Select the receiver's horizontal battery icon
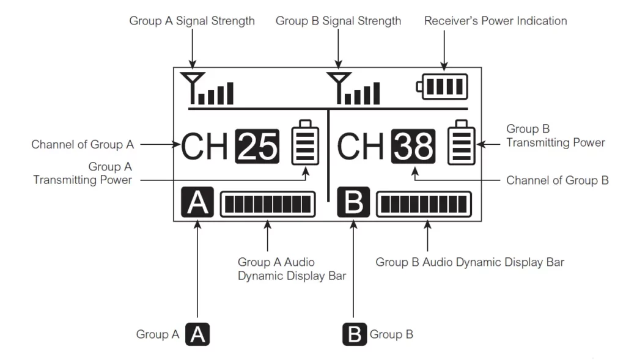442,87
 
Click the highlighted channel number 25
257,146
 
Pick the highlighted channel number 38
413,146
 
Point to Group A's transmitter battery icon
306,142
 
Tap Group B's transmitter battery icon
462,142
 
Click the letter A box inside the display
197,202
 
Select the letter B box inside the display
353,202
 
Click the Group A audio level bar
268,204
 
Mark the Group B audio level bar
424,204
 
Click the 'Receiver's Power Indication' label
495,21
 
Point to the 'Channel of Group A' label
83,144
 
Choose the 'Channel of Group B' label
558,180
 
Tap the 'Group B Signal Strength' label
338,21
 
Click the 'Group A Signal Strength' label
192,21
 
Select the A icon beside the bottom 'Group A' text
197,334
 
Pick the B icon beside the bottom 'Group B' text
355,334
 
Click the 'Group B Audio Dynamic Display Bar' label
470,262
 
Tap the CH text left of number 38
360,147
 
